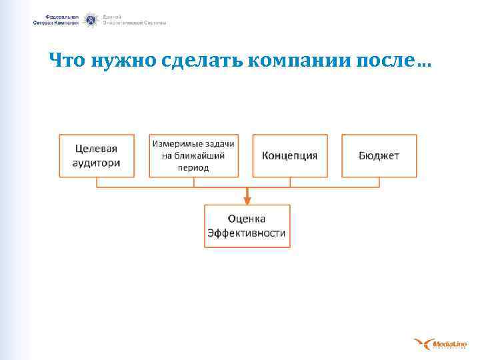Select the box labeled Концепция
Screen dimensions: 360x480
click(290, 156)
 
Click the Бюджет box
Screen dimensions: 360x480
click(379, 156)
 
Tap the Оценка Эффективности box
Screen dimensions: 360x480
click(247, 226)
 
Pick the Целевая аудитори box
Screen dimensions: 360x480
click(97, 155)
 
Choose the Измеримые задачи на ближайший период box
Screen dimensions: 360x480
click(193, 155)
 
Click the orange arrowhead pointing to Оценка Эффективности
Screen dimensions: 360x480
click(247, 199)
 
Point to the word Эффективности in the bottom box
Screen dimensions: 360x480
click(247, 233)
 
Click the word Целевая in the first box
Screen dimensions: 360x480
click(97, 149)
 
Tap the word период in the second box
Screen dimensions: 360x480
click(193, 167)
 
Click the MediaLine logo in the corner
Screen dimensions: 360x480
click(440, 344)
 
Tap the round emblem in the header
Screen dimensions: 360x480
click(91, 20)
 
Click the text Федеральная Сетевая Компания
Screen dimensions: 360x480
click(56, 19)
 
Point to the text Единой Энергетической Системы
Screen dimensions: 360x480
click(134, 19)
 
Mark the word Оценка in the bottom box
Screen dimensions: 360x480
click(247, 219)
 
